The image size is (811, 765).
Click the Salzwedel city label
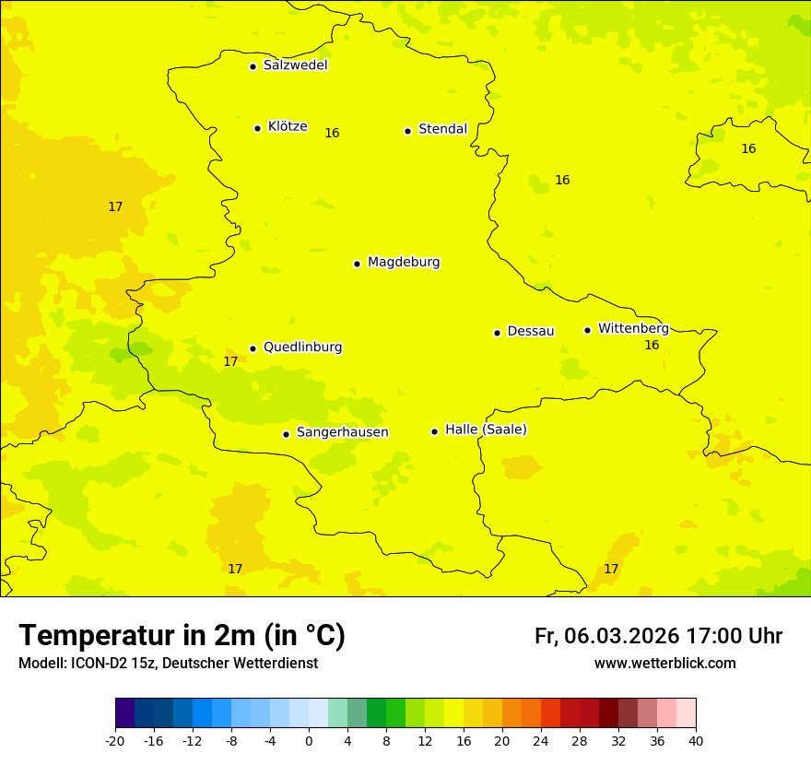tap(295, 65)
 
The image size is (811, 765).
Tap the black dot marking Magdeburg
tap(357, 264)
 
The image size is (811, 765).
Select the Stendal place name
tap(442, 129)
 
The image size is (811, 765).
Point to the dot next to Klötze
tap(257, 128)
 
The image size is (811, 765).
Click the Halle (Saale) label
tap(486, 430)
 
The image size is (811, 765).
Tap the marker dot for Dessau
tap(497, 333)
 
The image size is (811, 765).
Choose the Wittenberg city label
tap(633, 328)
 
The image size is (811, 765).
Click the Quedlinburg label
tap(302, 347)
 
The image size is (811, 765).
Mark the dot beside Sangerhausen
tap(286, 434)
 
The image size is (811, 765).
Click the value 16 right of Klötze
tap(332, 134)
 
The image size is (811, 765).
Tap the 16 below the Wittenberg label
tap(652, 346)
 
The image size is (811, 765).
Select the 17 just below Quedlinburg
tap(230, 362)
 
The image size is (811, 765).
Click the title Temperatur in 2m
tap(182, 636)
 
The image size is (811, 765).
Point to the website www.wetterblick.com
tap(664, 664)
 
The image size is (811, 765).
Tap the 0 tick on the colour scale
tap(309, 741)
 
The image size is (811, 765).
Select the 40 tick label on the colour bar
tap(696, 741)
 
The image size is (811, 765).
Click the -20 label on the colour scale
tap(115, 741)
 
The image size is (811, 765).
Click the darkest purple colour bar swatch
tap(124, 713)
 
